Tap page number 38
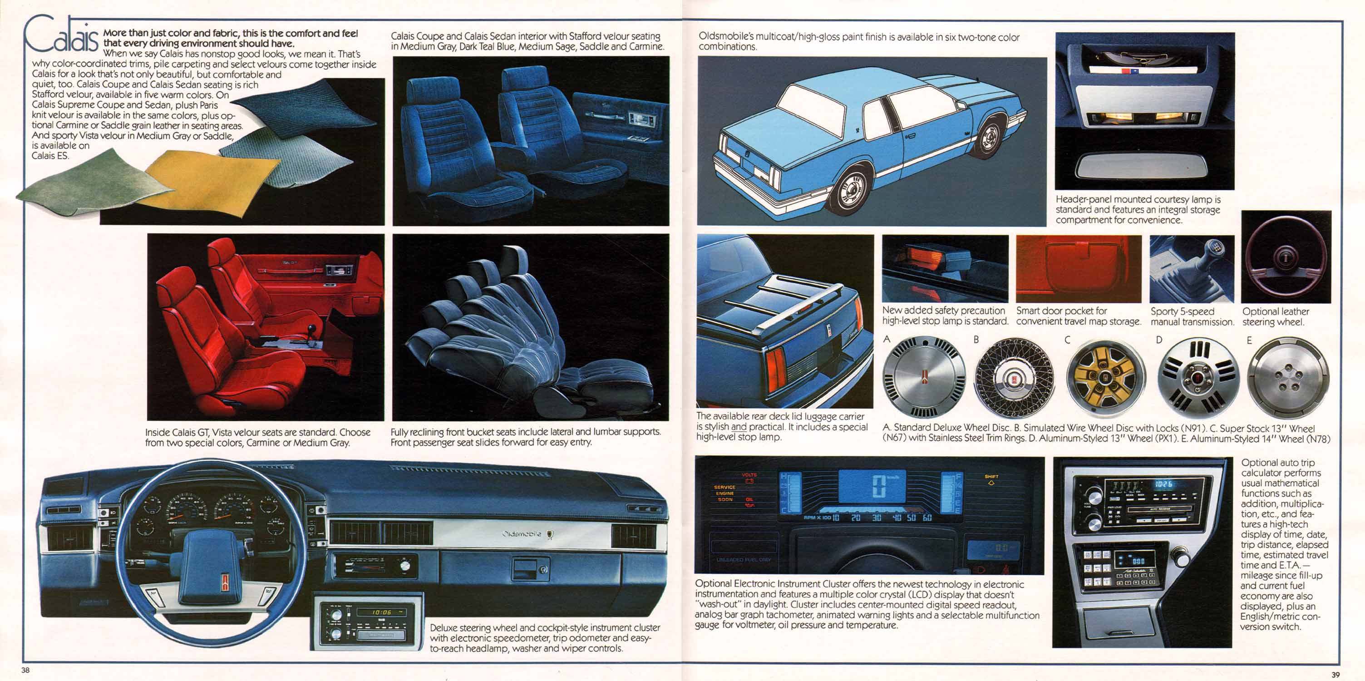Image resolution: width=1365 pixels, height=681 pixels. [25, 670]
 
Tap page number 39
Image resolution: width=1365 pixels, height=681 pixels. [1335, 675]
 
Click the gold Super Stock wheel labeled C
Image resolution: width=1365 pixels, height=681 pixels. [1105, 378]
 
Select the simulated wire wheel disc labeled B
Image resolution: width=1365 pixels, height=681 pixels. [1014, 378]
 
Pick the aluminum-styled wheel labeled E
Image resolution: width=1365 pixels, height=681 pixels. [1288, 378]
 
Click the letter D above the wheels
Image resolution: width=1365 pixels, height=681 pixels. [1159, 340]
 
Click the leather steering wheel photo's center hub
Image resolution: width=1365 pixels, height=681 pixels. [1286, 257]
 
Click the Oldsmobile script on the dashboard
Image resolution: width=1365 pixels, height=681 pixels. [522, 533]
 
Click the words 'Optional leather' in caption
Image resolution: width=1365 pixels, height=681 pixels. [1276, 311]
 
